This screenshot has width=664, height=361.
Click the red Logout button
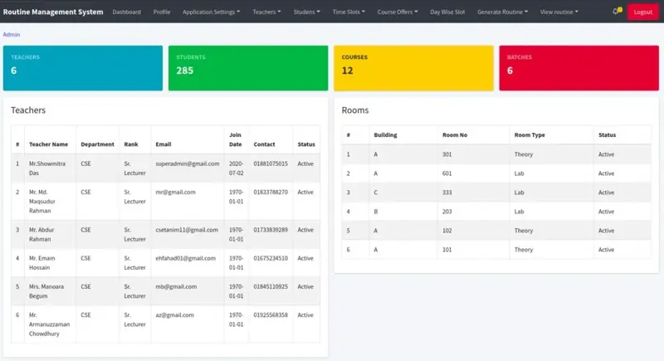click(642, 12)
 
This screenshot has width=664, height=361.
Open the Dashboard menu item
click(126, 12)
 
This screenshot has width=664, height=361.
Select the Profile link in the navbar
click(162, 12)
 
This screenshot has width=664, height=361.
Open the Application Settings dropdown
click(211, 12)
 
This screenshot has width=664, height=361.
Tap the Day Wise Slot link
click(447, 12)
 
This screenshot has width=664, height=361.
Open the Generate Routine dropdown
click(502, 12)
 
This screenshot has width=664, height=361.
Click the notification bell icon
click(615, 12)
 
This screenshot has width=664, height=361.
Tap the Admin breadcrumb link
click(12, 35)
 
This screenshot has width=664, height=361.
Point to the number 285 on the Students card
click(185, 71)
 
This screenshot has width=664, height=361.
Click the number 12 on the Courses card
click(347, 71)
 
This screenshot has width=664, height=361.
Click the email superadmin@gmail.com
click(187, 163)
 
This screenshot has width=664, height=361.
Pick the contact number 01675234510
click(271, 258)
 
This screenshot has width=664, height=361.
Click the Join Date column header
click(236, 139)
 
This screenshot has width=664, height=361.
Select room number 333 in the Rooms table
click(448, 193)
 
